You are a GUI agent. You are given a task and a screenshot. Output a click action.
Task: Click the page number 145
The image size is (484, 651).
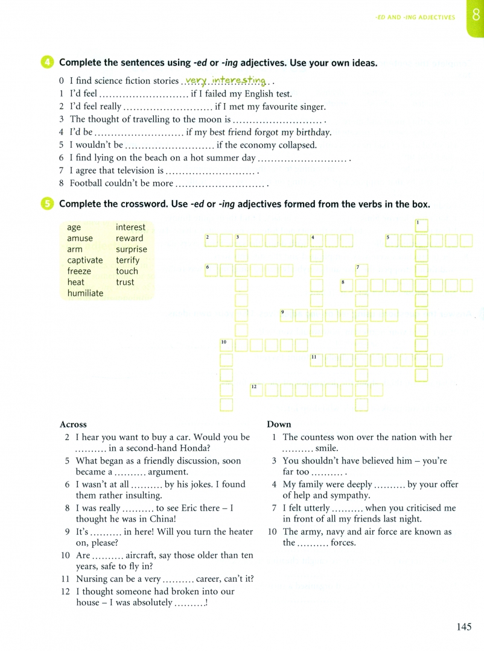pyautogui.click(x=463, y=627)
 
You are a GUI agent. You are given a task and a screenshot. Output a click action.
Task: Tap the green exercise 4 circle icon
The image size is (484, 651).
pyautogui.click(x=48, y=63)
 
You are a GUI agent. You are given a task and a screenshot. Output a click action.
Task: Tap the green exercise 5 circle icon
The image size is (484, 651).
pyautogui.click(x=48, y=204)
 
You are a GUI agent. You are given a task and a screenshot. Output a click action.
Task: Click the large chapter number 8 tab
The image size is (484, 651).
pyautogui.click(x=475, y=16)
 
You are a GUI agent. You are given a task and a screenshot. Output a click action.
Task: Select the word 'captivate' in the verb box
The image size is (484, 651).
pyautogui.click(x=84, y=260)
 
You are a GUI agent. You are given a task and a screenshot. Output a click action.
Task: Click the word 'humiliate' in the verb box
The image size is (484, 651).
pyautogui.click(x=85, y=294)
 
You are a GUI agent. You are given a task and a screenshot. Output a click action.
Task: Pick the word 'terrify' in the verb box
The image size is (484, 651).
pyautogui.click(x=127, y=260)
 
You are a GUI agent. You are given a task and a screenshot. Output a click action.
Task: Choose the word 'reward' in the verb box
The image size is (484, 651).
pyautogui.click(x=129, y=238)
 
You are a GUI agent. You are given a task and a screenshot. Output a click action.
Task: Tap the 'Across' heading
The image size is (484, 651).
pyautogui.click(x=73, y=424)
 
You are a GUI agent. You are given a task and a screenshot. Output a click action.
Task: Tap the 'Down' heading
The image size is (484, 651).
pyautogui.click(x=279, y=424)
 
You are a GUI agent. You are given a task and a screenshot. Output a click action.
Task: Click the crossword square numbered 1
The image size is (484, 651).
pyautogui.click(x=421, y=226)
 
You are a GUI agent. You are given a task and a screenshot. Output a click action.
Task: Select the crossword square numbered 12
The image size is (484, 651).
pyautogui.click(x=256, y=389)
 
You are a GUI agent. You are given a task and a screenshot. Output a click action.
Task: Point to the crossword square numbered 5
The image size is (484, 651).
pyautogui.click(x=392, y=241)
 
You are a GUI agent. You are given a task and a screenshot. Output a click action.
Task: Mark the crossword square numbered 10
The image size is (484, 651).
pyautogui.click(x=226, y=345)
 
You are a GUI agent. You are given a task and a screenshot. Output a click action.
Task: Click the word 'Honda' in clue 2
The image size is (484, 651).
pyautogui.click(x=196, y=448)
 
